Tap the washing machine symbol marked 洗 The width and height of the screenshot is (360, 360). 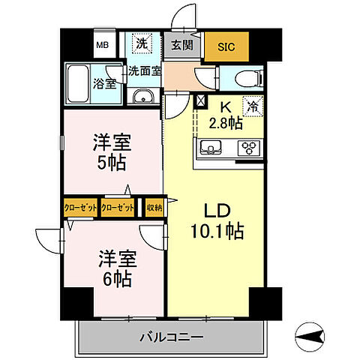coord(140,44)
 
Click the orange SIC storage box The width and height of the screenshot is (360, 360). coord(226,46)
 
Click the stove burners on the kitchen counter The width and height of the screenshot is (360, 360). coord(248,148)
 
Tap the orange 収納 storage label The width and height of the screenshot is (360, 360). coord(154,207)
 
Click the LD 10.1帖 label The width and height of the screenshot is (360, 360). coord(216,220)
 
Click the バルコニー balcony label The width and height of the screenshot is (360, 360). coord(171,337)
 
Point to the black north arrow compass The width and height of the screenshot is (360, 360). coord(310,335)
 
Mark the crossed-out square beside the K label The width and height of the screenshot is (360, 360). coord(200,103)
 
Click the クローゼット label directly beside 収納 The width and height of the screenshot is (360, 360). coord(118,207)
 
